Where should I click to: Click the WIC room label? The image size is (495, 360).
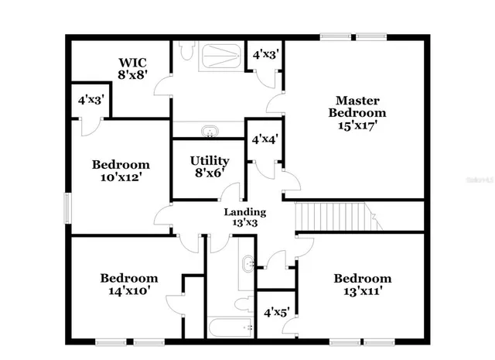coord(132,62)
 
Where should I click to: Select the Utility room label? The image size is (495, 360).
coord(209,161)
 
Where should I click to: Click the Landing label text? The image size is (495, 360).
coord(245,211)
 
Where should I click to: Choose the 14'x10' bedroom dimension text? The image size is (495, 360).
coord(129,291)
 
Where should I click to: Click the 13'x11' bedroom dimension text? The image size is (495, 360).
coord(362,291)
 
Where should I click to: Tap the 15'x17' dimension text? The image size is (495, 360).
coord(357,125)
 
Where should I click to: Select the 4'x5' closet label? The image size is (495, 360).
coord(276,313)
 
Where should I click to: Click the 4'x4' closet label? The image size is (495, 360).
coord(265,139)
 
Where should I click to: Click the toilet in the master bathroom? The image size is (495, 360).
coord(186,52)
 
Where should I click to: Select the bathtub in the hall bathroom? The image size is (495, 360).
coord(230,327)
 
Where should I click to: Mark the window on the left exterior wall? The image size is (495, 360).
coord(67,207)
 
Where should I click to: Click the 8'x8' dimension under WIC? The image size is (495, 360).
coord(132,75)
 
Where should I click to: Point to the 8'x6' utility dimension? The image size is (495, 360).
coord(209,174)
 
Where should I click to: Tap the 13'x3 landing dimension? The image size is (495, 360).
coord(245,223)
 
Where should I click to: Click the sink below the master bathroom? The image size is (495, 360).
coord(209,130)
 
